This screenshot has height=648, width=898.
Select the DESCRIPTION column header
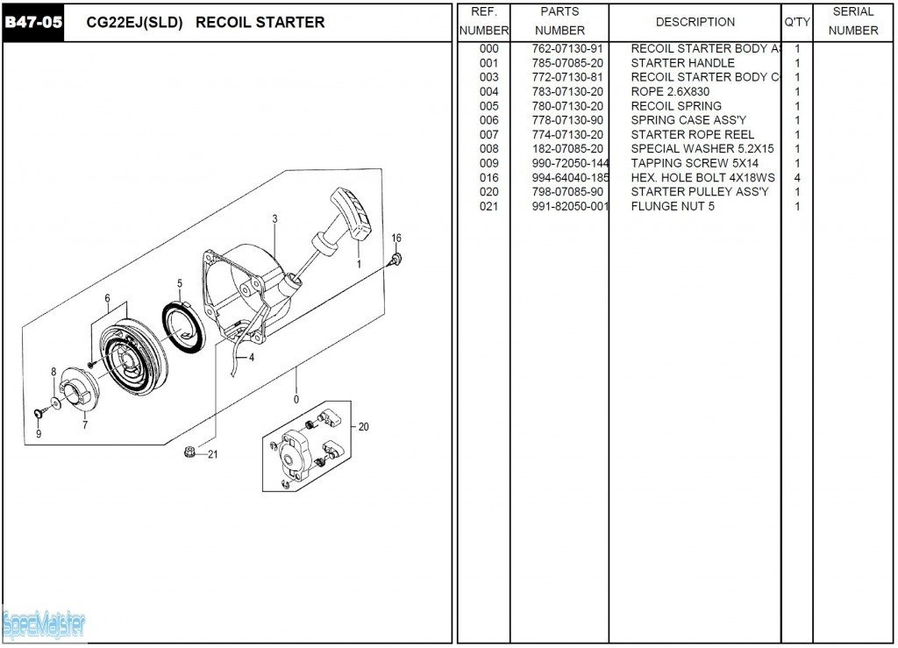(x=695, y=22)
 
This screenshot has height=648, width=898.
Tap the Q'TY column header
(x=796, y=22)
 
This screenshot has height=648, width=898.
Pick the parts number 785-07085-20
(x=567, y=63)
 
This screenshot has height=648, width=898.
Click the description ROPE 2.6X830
(x=670, y=92)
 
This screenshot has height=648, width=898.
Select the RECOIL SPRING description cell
(x=676, y=106)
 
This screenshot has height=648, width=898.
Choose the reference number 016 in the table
(x=488, y=178)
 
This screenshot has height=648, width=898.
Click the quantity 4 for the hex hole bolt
(x=797, y=178)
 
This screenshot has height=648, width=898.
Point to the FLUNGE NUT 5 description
(x=673, y=207)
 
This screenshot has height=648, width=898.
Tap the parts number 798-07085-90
(x=567, y=192)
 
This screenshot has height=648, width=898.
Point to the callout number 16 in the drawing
(x=396, y=239)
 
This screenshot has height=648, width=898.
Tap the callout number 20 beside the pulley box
(x=363, y=427)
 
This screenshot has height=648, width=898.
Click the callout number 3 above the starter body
(x=274, y=218)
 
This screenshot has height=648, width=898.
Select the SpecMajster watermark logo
(x=44, y=625)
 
